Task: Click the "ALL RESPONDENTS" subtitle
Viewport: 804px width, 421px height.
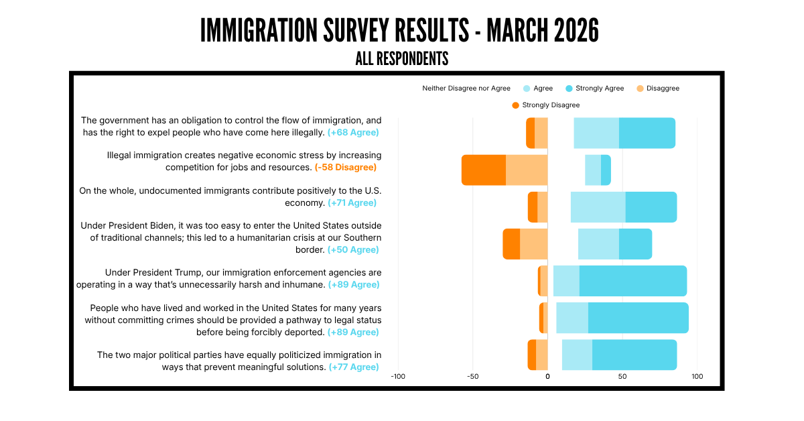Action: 401,58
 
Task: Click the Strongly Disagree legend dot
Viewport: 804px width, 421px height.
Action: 515,105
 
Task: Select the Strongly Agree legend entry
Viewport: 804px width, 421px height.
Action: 595,88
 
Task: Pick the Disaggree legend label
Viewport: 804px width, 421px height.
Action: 663,88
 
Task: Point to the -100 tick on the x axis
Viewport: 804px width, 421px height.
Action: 398,377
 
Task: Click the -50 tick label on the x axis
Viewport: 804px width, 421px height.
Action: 473,377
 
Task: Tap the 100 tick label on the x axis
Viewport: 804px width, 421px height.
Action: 697,377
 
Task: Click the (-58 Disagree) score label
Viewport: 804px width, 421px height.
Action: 346,168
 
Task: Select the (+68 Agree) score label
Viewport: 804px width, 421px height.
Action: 353,133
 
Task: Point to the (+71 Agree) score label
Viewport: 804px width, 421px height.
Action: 352,203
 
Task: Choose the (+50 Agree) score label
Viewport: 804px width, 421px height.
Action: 353,249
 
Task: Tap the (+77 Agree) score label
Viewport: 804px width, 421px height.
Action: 354,367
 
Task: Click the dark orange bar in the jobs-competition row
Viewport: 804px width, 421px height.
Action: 484,170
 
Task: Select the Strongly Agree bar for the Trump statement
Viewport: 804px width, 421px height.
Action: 633,281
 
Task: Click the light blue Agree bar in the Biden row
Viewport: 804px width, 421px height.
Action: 598,244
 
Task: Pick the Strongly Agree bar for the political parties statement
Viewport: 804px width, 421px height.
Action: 634,355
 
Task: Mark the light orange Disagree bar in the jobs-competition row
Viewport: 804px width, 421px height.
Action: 527,170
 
